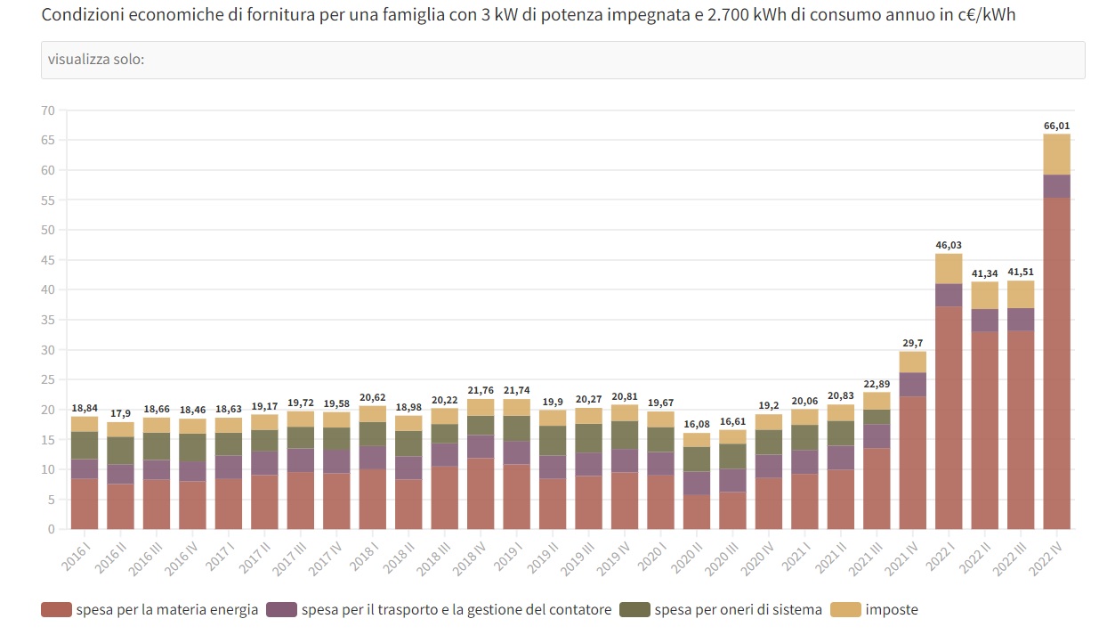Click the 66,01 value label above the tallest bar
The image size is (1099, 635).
click(1056, 126)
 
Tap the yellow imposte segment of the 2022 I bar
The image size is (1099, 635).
click(949, 269)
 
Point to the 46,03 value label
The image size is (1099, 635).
click(949, 245)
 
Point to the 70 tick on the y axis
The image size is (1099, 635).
click(47, 110)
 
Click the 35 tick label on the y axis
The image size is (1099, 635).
click(47, 320)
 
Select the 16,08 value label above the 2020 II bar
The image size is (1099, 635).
click(697, 425)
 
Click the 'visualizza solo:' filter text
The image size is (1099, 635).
click(96, 60)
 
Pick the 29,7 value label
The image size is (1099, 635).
click(913, 343)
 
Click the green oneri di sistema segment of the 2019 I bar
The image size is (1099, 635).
click(516, 428)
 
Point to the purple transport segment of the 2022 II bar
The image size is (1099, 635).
click(984, 321)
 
